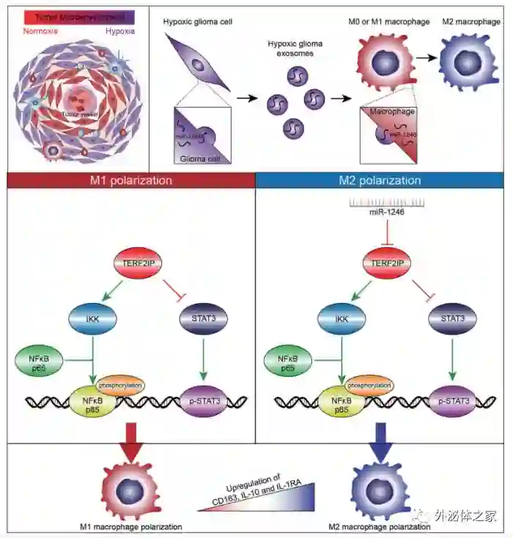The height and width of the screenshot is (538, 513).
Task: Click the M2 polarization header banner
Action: tap(380, 180)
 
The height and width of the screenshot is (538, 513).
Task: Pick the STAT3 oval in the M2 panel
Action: tap(451, 319)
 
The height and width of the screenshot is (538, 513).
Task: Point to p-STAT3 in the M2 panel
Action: tap(451, 401)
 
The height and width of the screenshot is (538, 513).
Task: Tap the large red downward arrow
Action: tap(133, 443)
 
